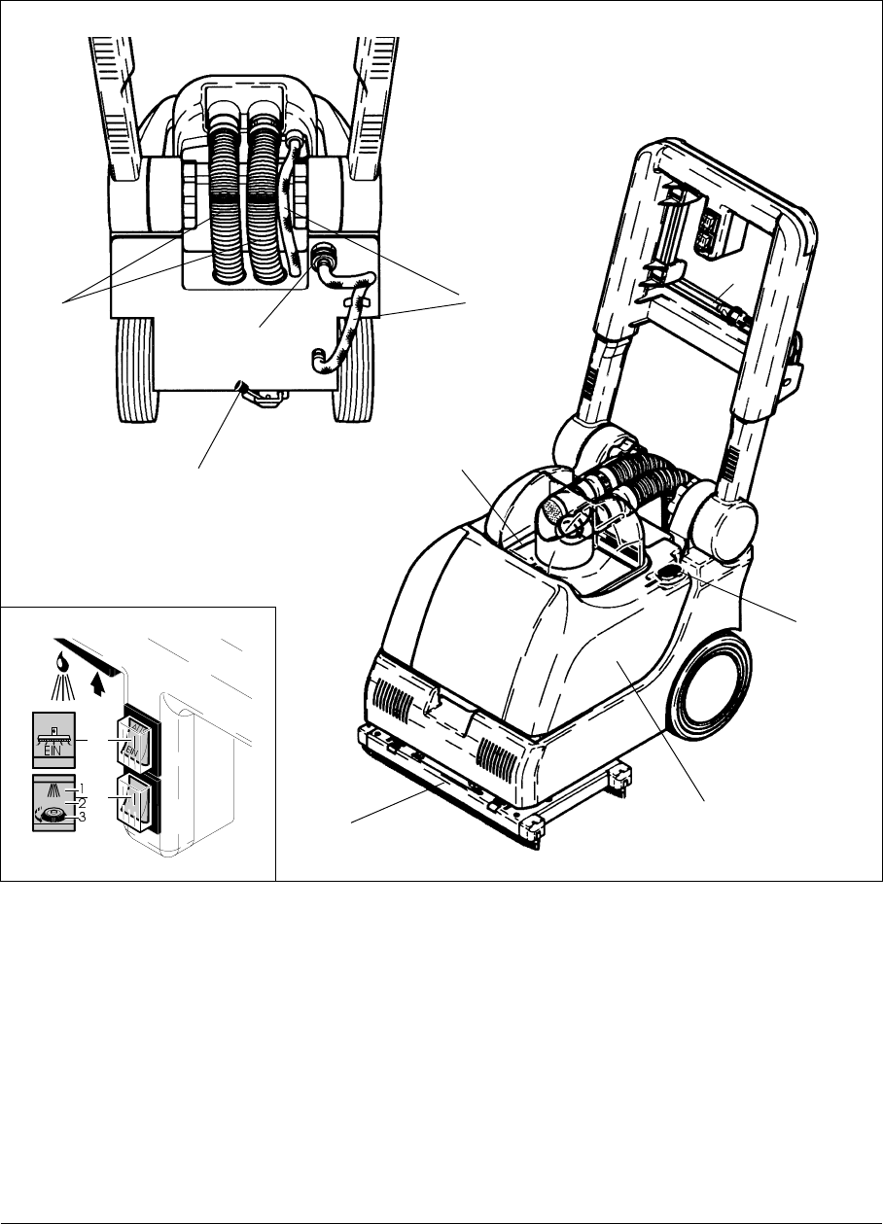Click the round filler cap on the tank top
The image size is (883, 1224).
click(x=668, y=575)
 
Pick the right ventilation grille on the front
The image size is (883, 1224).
click(x=504, y=759)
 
